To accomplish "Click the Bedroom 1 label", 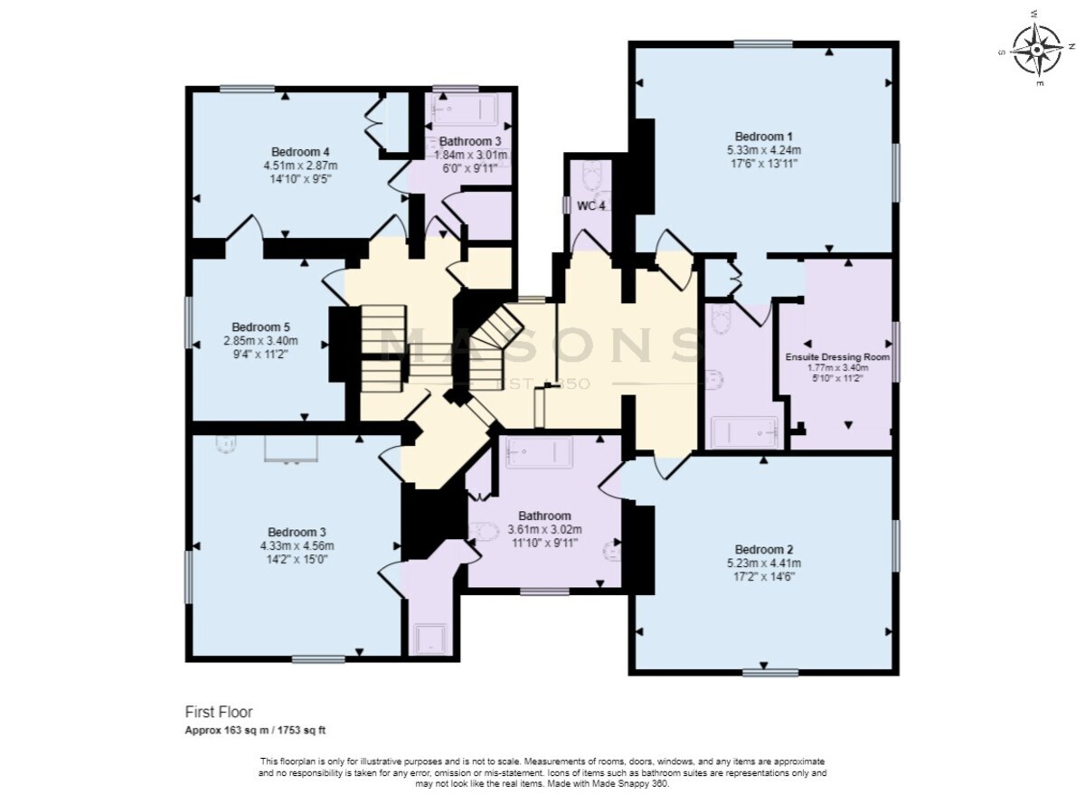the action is point(764,136).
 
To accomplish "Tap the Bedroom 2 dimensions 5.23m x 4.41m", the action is point(764,563).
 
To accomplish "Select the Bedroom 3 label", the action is point(297,532).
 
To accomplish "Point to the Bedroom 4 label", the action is point(300,151).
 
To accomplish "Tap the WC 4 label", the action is point(591,206).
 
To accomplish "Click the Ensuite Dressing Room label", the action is point(837,357).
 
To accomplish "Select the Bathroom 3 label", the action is point(470,141).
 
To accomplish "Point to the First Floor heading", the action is point(219,712).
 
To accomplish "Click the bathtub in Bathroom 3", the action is point(464,109).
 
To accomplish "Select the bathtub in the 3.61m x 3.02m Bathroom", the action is point(539,453).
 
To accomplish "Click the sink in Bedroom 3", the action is point(226,443).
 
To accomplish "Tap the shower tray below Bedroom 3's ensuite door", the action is point(430,638).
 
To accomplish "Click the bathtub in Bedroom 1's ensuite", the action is point(745,432).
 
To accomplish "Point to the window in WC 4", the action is point(566,204).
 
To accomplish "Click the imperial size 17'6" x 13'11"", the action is point(764,164).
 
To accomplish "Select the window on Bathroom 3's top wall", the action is point(456,89).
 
